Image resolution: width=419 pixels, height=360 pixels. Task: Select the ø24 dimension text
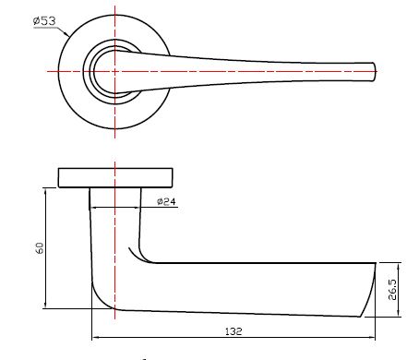pyautogui.click(x=167, y=202)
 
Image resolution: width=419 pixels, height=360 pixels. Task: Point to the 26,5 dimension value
pyautogui.click(x=392, y=290)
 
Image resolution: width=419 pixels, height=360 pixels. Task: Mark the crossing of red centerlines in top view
pyautogui.click(x=114, y=70)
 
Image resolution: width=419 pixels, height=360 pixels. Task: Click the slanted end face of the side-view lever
pyautogui.click(x=369, y=290)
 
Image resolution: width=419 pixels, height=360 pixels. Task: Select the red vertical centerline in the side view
pyautogui.click(x=114, y=240)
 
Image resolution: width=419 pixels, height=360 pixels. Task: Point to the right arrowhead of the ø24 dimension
pyautogui.click(x=141, y=208)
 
